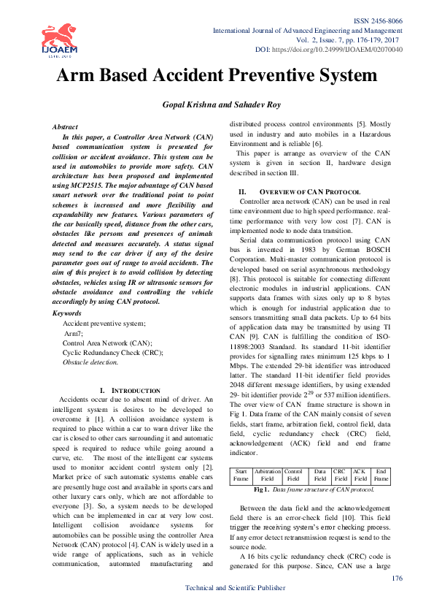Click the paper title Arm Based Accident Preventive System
(217, 75)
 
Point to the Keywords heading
(68, 313)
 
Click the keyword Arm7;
(74, 332)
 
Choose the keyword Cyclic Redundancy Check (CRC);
(112, 352)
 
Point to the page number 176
(398, 578)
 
